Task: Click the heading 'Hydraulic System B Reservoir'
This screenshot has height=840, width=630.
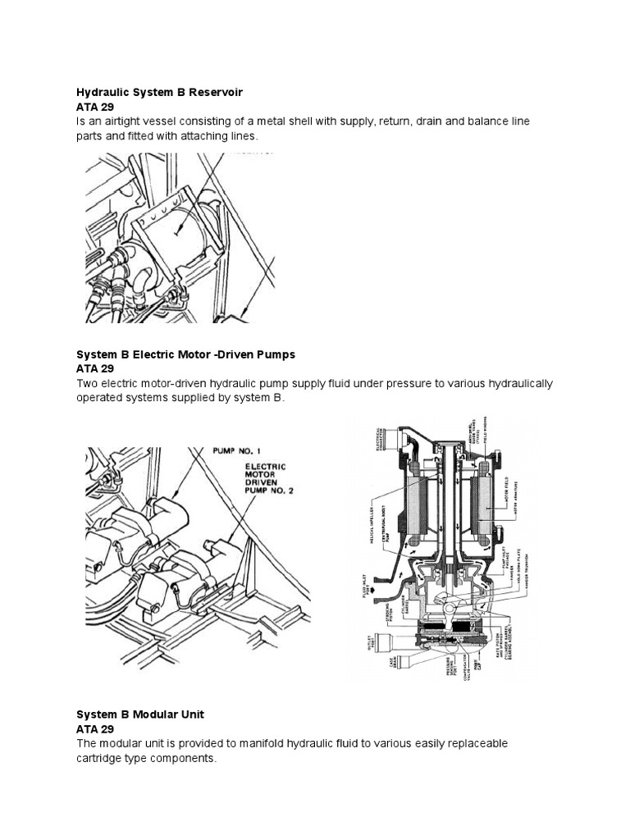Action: (159, 91)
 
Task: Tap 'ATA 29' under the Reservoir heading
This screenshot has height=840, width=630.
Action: (95, 107)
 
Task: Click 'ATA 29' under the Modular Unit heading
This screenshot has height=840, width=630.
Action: (95, 728)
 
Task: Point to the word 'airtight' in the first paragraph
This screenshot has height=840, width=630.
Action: (128, 121)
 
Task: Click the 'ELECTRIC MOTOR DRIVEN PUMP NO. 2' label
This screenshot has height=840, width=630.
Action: (270, 485)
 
